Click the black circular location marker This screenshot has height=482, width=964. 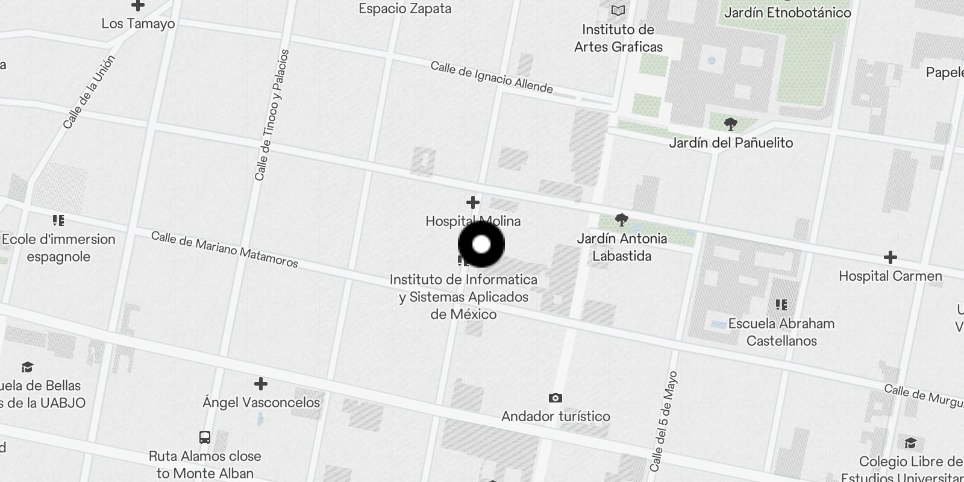(481, 244)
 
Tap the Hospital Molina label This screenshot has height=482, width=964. (473, 221)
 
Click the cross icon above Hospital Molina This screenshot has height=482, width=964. (473, 202)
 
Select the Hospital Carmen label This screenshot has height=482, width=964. (890, 276)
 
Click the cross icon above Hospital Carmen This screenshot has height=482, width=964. (890, 257)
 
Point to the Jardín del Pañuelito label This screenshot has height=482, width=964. (731, 143)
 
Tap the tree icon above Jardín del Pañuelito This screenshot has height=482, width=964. (731, 125)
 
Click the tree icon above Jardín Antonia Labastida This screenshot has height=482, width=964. (622, 220)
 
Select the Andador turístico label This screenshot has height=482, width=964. (556, 416)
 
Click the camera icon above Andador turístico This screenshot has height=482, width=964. (556, 398)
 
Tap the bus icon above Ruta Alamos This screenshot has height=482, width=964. (205, 437)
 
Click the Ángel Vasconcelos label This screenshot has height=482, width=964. (261, 402)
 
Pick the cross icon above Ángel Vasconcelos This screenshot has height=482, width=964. (261, 384)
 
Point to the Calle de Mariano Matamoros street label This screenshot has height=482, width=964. (224, 249)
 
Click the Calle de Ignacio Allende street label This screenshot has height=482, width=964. (492, 77)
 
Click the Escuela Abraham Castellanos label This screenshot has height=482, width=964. (781, 332)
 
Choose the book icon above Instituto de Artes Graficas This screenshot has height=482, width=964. (618, 10)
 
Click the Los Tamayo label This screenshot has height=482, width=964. (138, 24)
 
